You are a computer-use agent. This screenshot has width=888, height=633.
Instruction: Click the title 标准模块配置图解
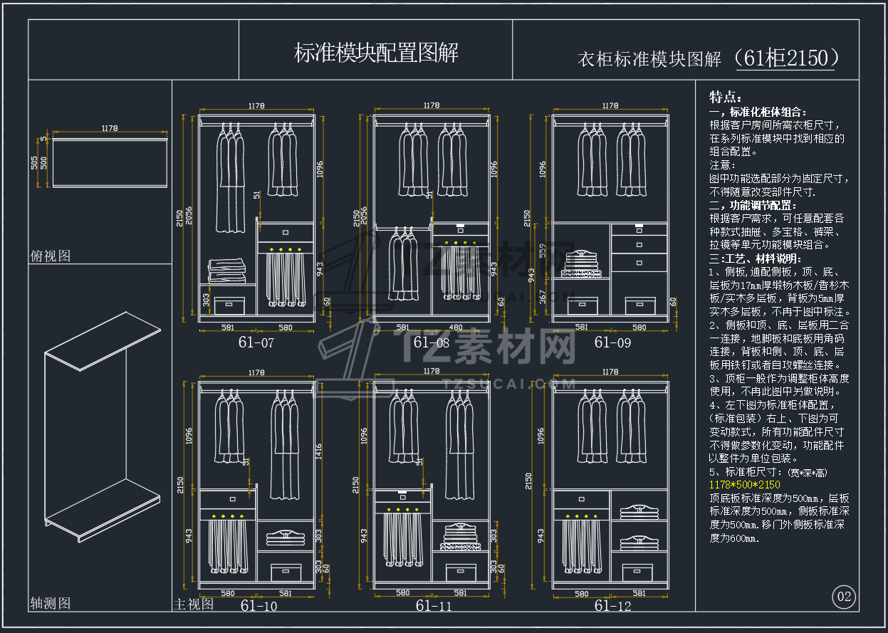376,52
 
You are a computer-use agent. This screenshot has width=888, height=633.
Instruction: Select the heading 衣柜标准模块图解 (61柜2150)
709,58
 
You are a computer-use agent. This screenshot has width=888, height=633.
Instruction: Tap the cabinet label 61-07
256,342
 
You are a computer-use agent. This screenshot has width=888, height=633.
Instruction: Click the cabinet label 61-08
432,342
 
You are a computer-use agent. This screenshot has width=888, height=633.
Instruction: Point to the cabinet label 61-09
612,342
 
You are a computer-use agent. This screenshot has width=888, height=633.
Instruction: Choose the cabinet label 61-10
258,606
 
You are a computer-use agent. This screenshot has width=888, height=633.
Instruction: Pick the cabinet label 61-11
434,606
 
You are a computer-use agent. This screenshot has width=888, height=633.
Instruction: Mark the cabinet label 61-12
612,606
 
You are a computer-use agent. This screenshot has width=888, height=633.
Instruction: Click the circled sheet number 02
844,597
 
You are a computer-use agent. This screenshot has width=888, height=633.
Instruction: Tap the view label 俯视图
51,256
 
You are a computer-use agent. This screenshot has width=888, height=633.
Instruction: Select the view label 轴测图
51,603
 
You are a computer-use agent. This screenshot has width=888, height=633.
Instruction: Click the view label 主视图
194,604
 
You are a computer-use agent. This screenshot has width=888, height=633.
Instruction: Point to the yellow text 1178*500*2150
745,485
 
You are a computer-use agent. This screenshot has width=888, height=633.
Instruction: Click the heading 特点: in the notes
726,97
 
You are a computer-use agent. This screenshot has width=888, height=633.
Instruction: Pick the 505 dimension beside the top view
34,163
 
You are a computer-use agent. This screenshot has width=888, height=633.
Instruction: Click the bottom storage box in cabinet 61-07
229,305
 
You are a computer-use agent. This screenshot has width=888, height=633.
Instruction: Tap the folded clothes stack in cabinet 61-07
227,271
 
